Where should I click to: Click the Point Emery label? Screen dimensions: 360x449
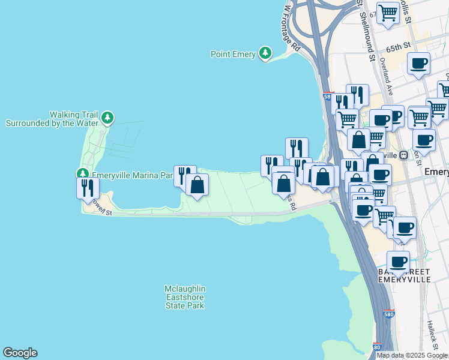234,54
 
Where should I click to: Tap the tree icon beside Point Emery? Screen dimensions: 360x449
265,53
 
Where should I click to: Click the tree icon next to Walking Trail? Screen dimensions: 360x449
107,118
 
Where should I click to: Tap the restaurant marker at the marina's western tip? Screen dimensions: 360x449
88,188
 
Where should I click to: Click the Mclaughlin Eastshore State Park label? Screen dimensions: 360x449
185,297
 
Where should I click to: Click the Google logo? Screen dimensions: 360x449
20,353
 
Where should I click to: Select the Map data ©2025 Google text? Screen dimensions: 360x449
412,355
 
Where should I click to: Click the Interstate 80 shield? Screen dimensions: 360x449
377,347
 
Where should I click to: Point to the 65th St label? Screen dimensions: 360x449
398,46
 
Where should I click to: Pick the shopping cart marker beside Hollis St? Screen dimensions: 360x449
388,13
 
